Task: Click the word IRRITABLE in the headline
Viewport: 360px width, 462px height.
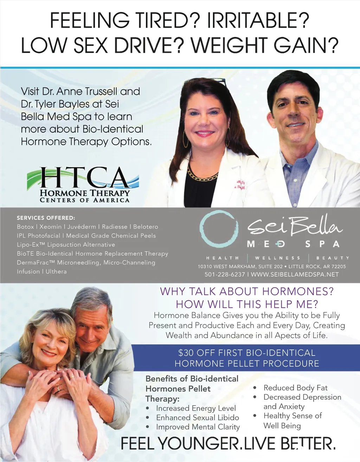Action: (258, 20)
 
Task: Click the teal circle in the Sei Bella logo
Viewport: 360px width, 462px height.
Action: (219, 229)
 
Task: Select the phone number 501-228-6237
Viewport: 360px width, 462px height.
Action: (225, 274)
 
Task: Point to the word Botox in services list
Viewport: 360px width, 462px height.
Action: (25, 227)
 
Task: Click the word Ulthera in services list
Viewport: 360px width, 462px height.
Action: (56, 271)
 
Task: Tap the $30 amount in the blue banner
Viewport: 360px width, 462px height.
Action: (186, 353)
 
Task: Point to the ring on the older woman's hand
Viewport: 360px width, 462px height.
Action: (72, 377)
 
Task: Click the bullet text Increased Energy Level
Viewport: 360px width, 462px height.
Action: (196, 408)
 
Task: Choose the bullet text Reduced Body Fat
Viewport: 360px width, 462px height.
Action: (295, 388)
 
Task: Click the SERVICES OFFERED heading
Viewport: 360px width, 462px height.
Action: (46, 218)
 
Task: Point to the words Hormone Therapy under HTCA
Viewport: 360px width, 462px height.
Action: (85, 193)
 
